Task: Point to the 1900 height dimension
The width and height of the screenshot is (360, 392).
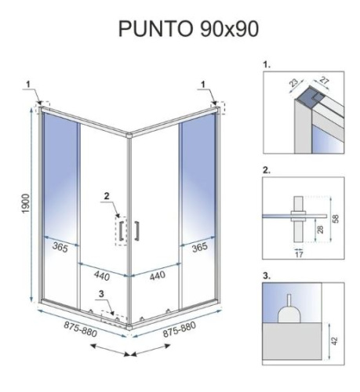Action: tap(25, 205)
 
